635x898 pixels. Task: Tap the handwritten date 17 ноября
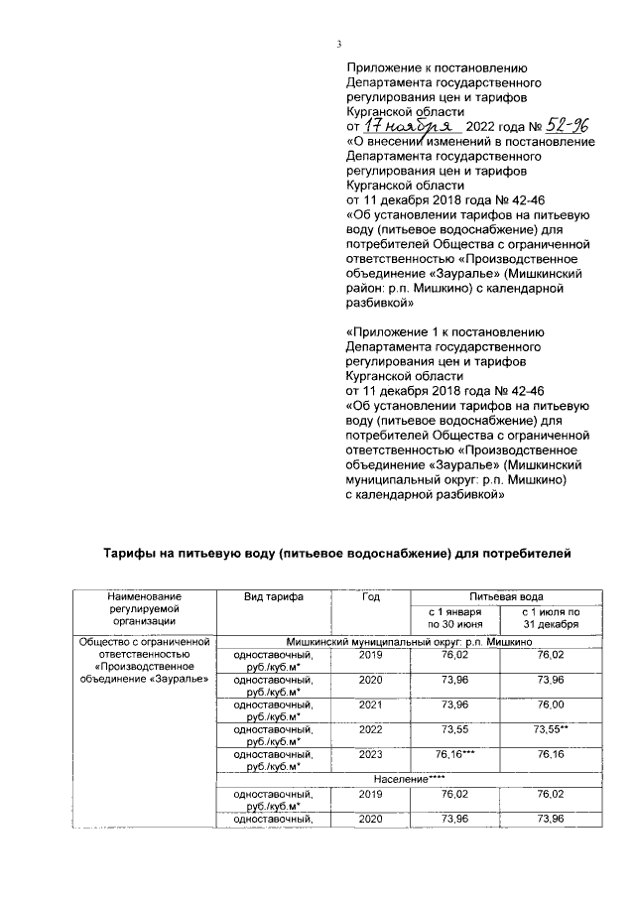(x=408, y=128)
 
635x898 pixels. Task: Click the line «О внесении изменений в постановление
(x=470, y=142)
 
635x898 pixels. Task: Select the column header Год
(x=370, y=596)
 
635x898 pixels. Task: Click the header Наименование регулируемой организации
(x=144, y=607)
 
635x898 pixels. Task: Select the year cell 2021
(x=370, y=706)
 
